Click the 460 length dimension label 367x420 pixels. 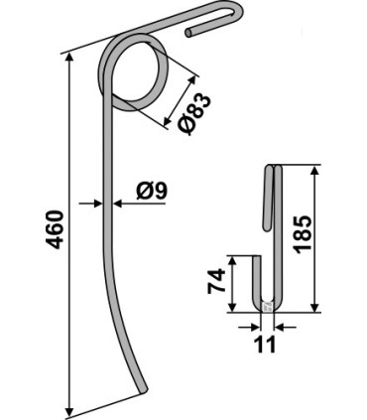coord(55,229)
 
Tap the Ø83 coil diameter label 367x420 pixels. coord(194,114)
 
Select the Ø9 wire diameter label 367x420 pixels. coord(152,192)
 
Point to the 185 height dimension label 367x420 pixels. coord(303,234)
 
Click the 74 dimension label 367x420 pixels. coord(216,281)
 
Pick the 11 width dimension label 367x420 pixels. coord(266,345)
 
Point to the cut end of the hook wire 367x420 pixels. coord(188,33)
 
